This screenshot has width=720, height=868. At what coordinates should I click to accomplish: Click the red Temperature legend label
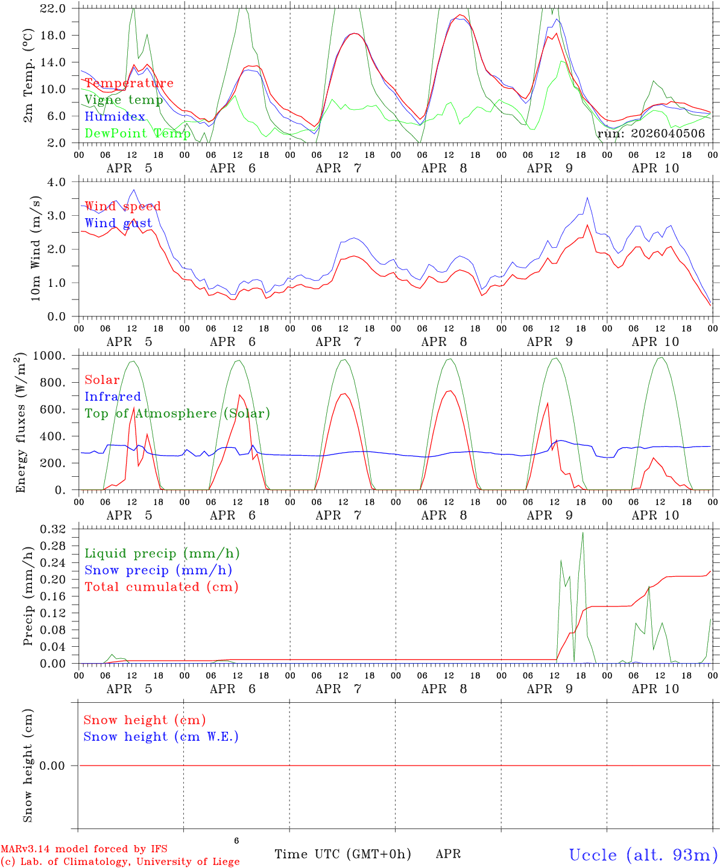(129, 83)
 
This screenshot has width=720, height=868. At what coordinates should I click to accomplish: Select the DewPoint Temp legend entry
(137, 133)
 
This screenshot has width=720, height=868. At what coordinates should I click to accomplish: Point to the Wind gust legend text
(119, 223)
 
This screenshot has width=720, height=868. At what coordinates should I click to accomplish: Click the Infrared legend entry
(113, 396)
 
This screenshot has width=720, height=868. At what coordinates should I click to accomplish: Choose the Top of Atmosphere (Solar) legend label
(178, 414)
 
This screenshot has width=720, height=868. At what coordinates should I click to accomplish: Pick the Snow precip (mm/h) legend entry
(159, 570)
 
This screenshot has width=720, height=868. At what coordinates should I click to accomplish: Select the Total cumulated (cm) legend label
(162, 587)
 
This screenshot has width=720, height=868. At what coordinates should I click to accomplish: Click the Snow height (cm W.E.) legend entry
(161, 736)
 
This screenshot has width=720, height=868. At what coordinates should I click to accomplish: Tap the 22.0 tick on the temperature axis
(53, 8)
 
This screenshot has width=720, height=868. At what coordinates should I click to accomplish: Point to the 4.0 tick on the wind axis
(56, 181)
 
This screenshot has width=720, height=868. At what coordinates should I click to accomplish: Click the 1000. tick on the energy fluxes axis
(49, 356)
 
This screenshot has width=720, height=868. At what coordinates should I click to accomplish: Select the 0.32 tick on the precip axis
(53, 529)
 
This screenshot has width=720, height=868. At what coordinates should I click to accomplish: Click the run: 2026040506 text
(651, 133)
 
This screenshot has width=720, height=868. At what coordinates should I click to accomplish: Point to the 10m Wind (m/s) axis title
(36, 248)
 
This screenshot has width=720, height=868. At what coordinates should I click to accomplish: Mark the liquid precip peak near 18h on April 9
(583, 532)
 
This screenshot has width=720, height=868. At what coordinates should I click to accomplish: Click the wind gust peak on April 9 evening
(587, 198)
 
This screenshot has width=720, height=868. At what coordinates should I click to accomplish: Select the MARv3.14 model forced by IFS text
(84, 849)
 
